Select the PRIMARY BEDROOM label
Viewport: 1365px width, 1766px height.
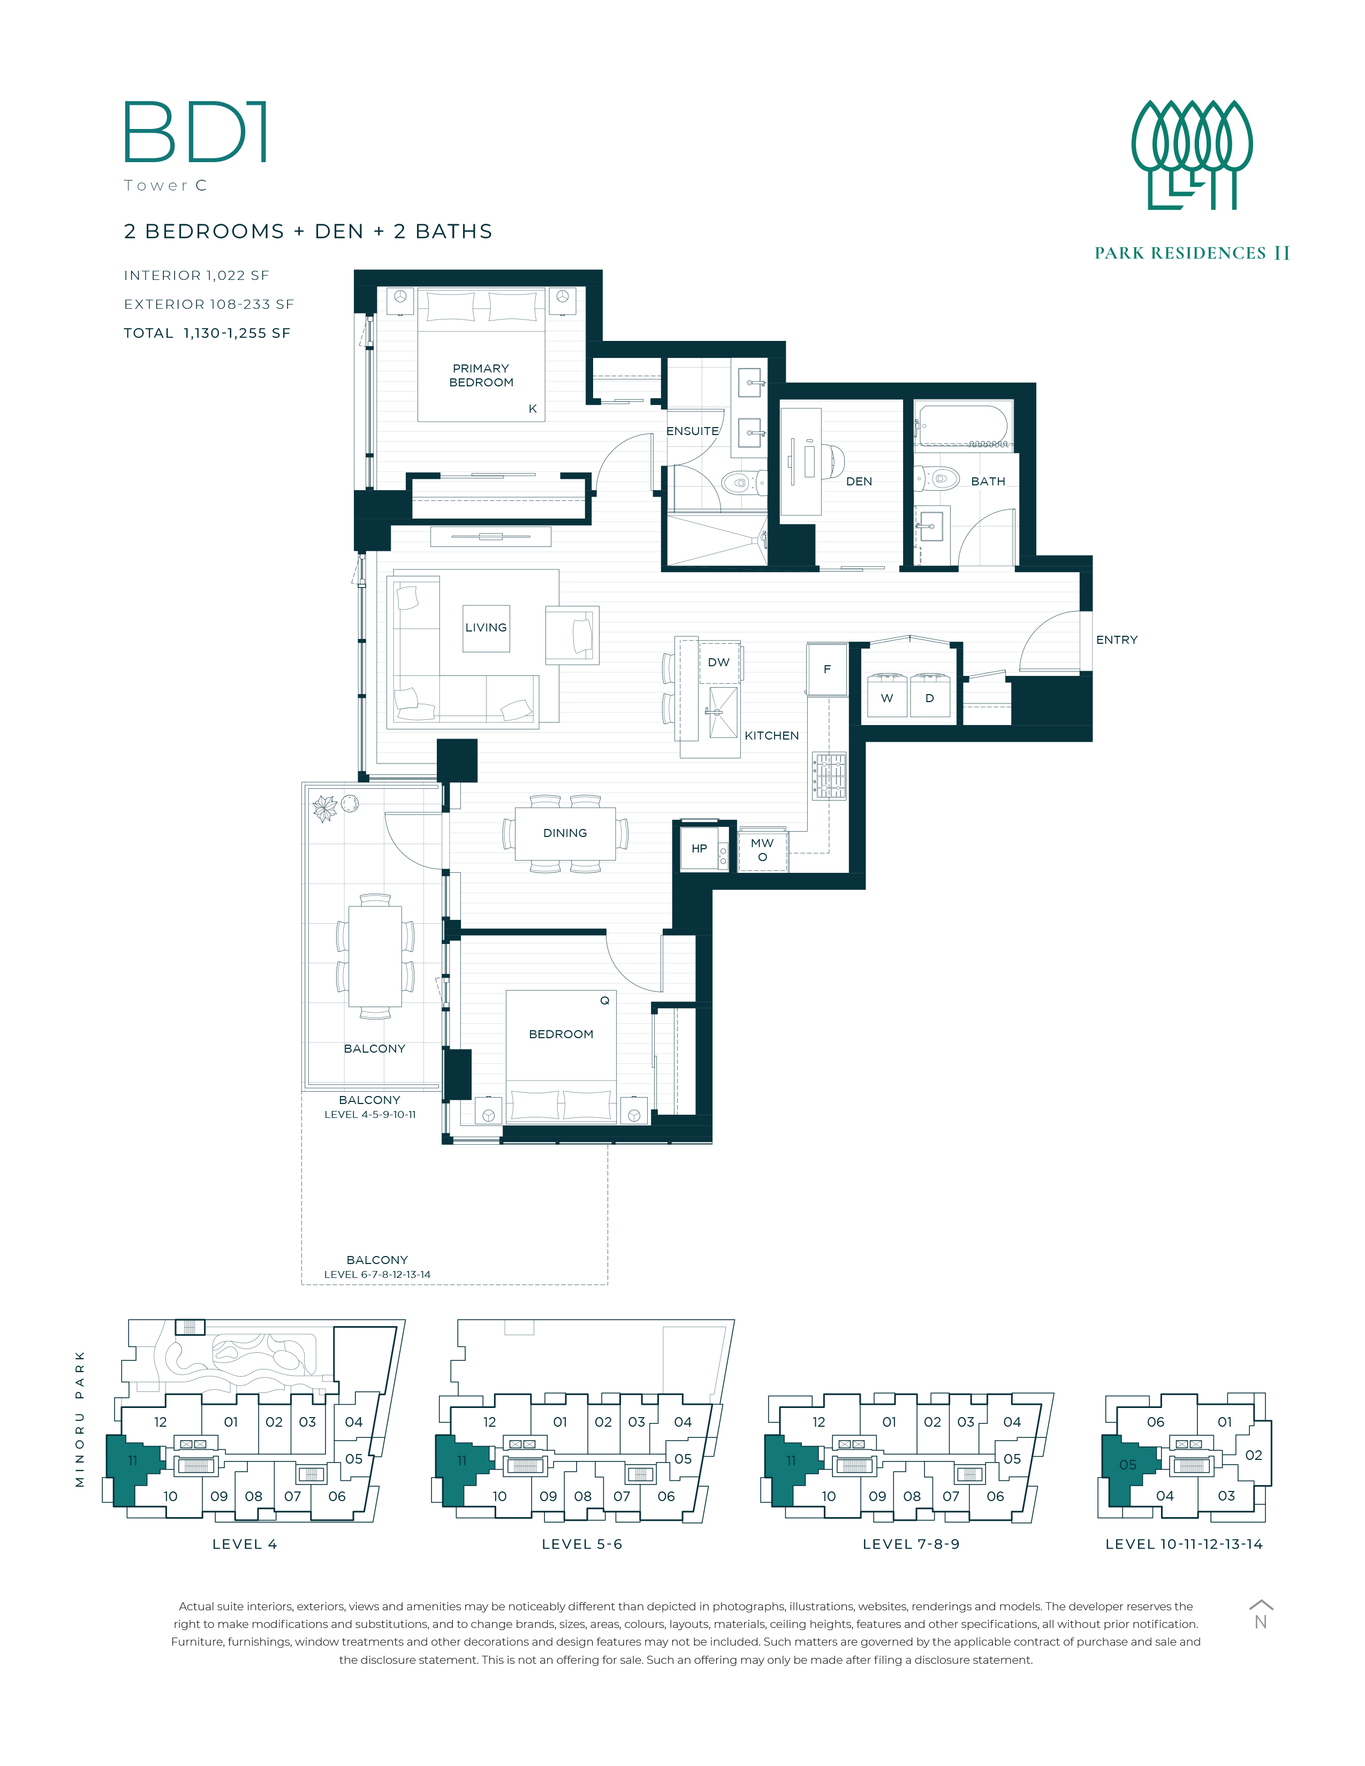point(481,375)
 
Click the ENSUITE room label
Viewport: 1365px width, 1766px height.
point(692,431)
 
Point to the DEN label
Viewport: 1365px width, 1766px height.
point(859,481)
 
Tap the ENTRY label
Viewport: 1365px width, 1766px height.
point(1117,640)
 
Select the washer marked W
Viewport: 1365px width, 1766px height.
point(887,695)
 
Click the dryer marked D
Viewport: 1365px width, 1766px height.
point(930,695)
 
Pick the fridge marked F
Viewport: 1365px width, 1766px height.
point(827,669)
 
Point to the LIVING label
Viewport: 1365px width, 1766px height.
point(486,628)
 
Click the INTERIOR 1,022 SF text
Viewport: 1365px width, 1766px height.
point(196,276)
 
